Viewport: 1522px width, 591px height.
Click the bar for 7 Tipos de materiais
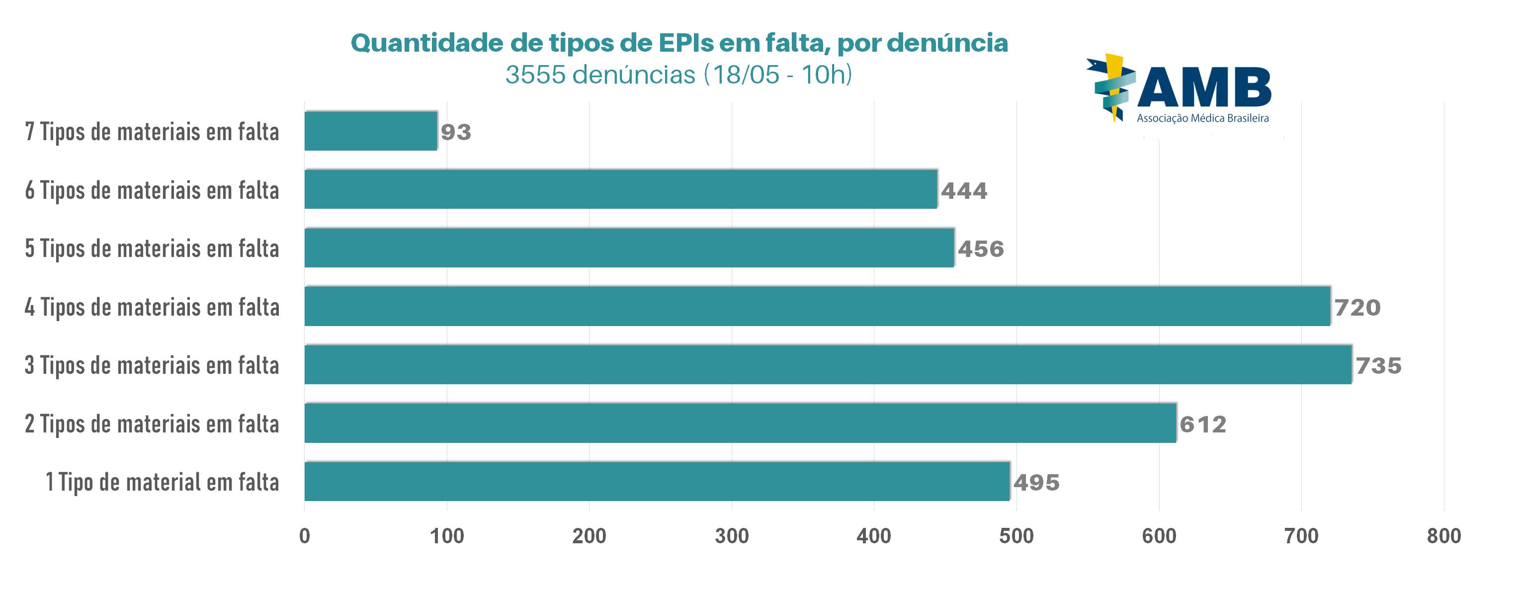370,131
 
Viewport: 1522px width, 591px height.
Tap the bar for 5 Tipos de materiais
629,248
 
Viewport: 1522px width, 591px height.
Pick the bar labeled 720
817,307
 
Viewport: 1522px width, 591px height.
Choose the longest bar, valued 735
828,365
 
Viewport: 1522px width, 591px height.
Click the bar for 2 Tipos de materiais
740,423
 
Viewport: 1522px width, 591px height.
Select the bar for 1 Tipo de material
657,482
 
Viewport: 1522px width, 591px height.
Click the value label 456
981,249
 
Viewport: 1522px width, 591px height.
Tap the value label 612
1203,424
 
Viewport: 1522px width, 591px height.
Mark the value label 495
1036,482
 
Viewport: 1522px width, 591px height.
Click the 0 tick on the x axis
304,536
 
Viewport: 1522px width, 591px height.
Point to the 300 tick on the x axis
732,536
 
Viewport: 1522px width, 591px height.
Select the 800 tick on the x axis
1443,536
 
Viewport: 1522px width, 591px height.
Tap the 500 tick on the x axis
1016,536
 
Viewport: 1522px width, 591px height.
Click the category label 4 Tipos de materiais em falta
152,307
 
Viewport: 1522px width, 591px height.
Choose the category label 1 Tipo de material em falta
162,482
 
